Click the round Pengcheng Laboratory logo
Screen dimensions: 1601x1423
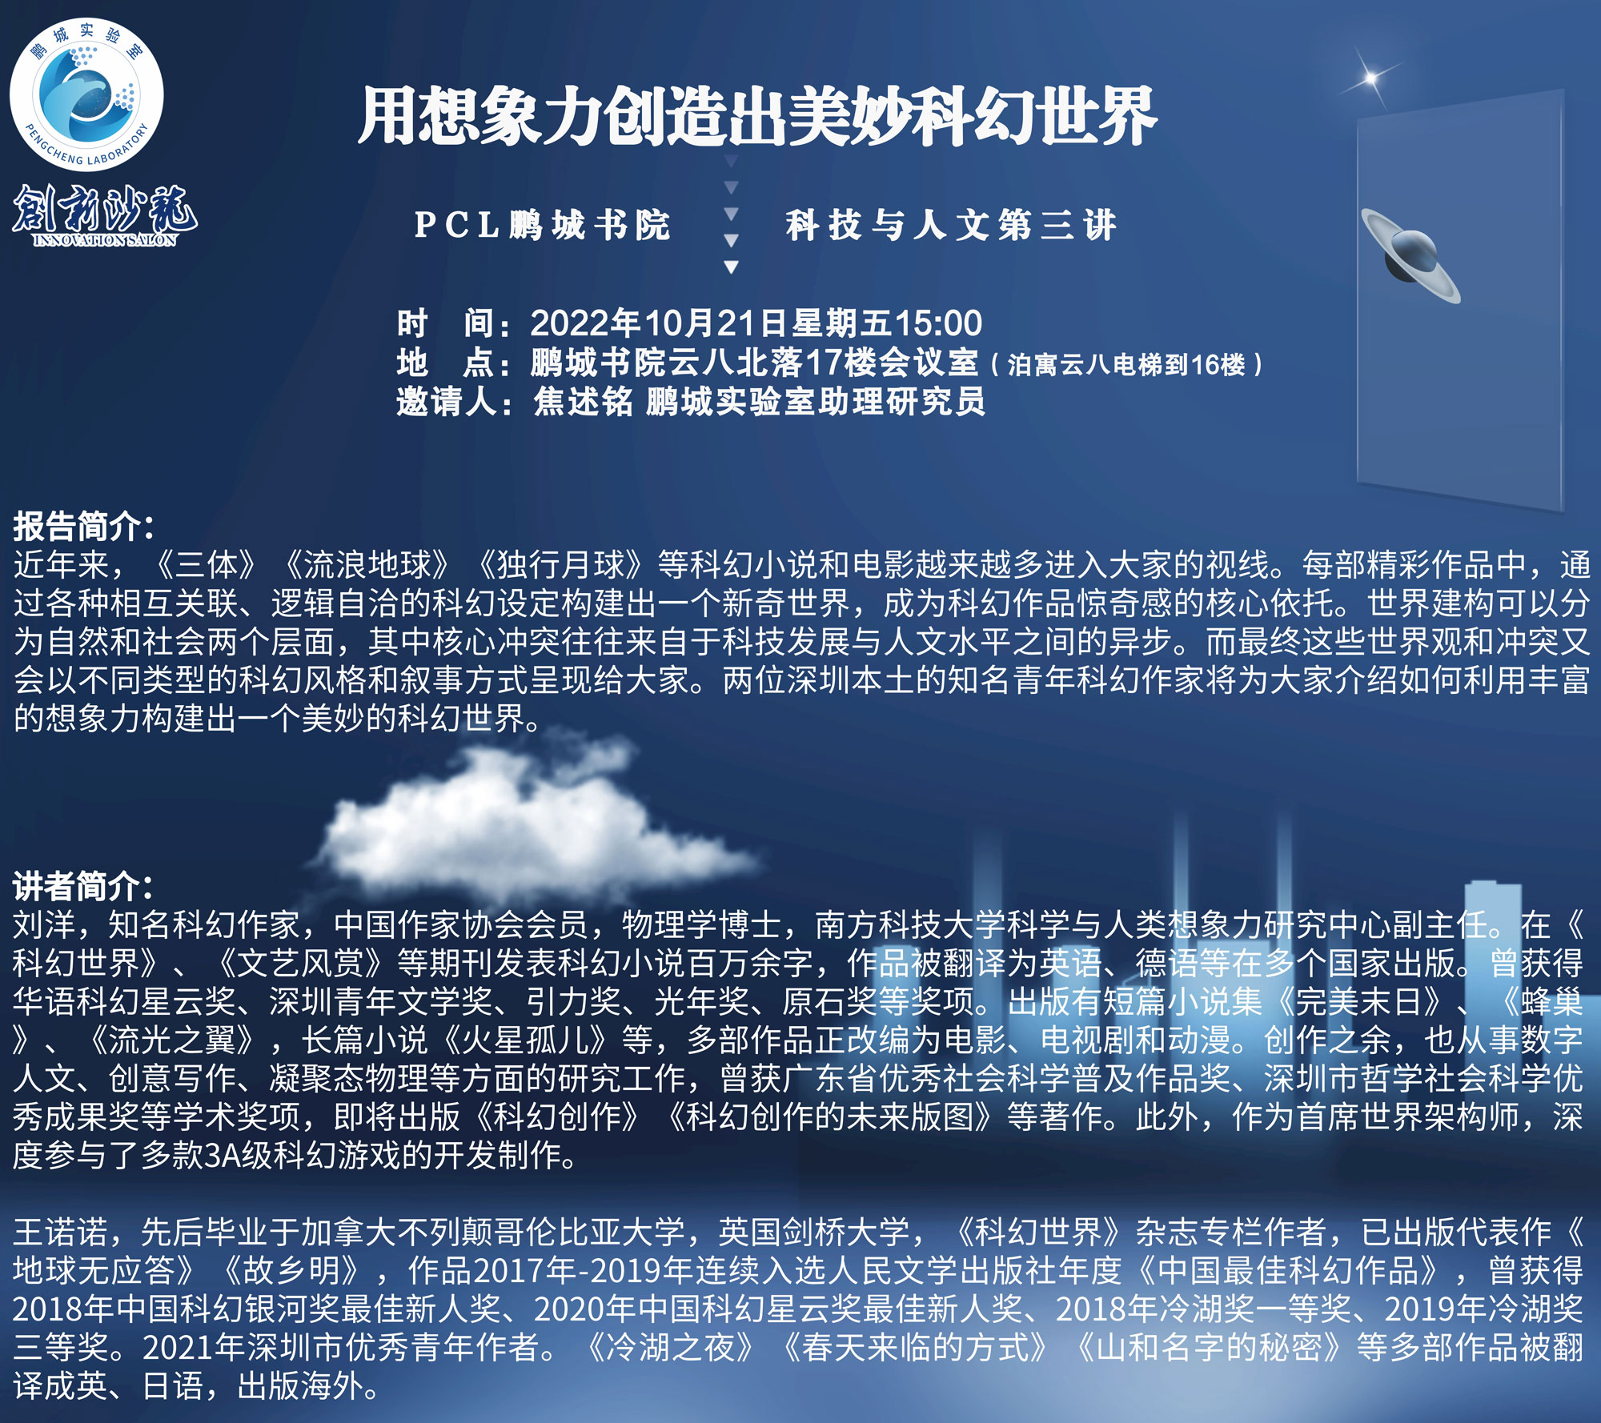click(x=86, y=94)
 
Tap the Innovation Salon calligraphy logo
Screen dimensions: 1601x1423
click(x=105, y=215)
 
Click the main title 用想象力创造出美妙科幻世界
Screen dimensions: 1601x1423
click(x=757, y=117)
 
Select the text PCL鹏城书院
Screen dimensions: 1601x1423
click(x=542, y=225)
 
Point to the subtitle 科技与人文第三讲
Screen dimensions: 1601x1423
click(x=951, y=225)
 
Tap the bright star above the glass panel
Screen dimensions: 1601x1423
click(x=1371, y=78)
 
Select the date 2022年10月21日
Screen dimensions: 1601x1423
click(x=660, y=323)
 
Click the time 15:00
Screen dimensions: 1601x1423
click(x=937, y=323)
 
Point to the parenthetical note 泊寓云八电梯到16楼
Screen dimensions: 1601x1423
click(x=1126, y=365)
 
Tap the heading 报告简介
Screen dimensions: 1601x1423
click(x=83, y=527)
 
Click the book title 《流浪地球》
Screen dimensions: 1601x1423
click(x=366, y=565)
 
